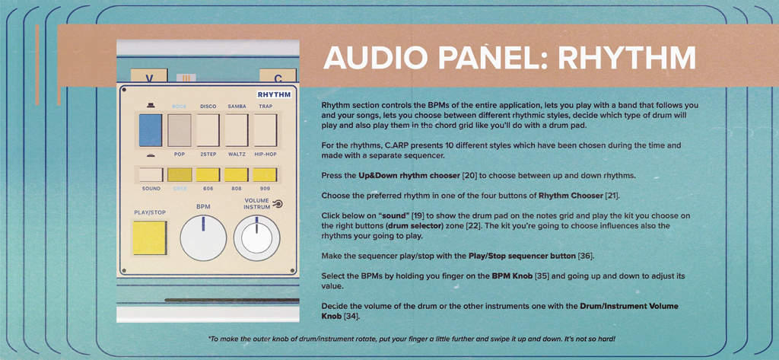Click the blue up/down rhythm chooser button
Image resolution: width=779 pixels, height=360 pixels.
pos(150,130)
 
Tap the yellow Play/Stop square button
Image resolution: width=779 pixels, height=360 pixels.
pos(150,237)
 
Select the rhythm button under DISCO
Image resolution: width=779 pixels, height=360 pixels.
pos(208,130)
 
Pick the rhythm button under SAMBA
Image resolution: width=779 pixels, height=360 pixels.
pos(237,130)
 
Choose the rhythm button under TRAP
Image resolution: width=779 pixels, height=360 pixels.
pos(265,130)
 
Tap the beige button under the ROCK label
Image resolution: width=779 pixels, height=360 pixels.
pos(179,130)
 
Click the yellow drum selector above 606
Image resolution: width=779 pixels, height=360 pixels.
pos(208,174)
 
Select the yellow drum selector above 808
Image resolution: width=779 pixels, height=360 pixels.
pos(237,174)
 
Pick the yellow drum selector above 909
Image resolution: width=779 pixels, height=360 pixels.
pos(265,174)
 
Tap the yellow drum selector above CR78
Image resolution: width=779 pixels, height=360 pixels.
pos(179,174)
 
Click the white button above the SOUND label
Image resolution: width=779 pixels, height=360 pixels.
pos(150,174)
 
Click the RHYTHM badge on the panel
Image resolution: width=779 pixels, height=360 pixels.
pos(275,94)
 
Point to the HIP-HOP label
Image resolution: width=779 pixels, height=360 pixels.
pos(265,155)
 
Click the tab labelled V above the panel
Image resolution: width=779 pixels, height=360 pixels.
pos(149,78)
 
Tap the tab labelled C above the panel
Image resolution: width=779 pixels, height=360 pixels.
pos(278,78)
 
